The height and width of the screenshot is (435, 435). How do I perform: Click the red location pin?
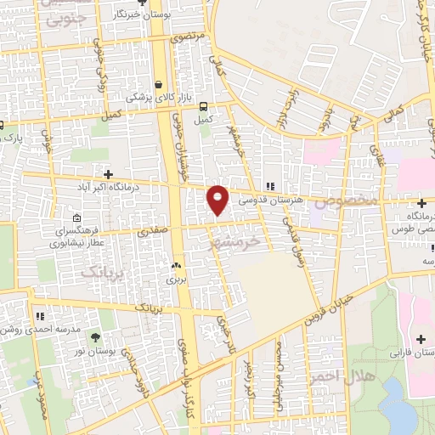(218, 200)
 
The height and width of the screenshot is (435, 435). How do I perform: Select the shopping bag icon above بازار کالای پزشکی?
(158, 84)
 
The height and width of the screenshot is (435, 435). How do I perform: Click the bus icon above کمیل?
(203, 106)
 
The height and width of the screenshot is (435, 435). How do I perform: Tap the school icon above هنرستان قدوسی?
(270, 186)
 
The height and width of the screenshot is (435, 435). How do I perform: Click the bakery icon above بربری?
(176, 265)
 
